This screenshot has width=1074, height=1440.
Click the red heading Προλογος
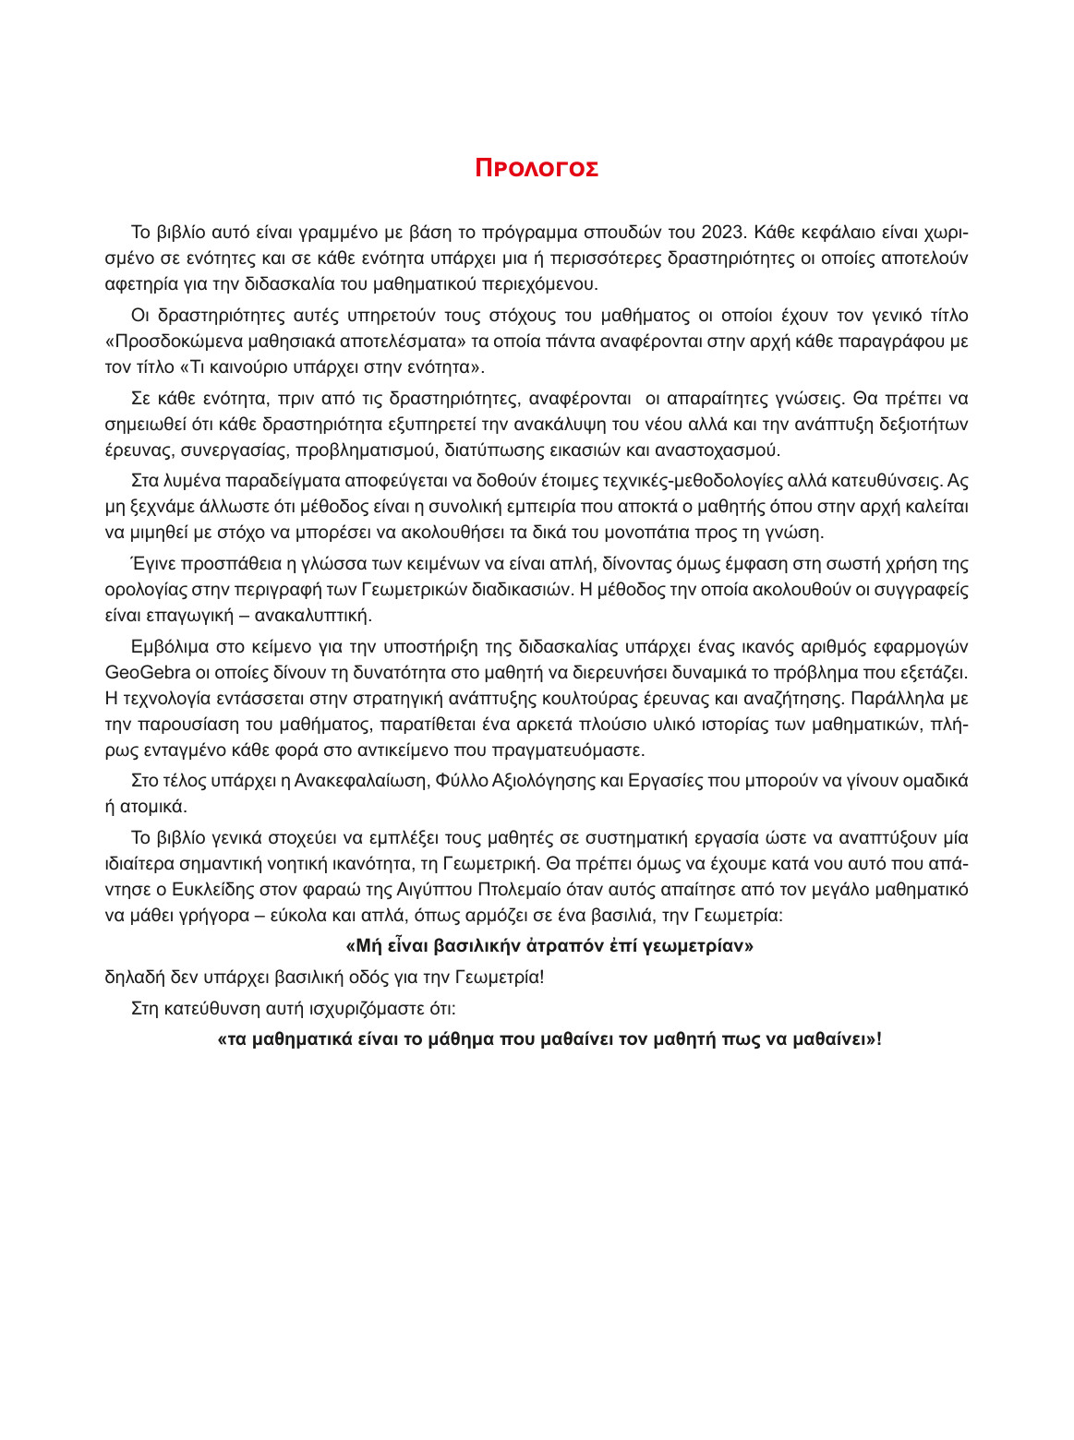tap(537, 168)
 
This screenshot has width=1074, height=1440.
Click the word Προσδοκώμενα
tap(171, 341)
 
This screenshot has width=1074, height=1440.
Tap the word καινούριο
tap(232, 366)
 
